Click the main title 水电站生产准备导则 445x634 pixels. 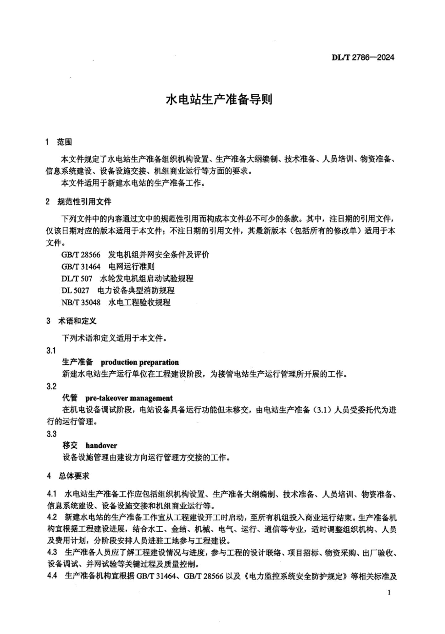(219, 100)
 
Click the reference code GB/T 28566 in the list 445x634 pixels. (81, 255)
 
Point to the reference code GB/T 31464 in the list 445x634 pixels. (81, 266)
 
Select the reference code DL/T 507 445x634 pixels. (77, 278)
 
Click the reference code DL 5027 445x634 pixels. (75, 290)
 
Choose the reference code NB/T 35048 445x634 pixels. (81, 302)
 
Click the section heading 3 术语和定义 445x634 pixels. (71, 321)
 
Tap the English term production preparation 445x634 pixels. (140, 362)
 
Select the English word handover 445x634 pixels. (101, 446)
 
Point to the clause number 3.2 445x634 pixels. (51, 386)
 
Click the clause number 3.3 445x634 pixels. (51, 434)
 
